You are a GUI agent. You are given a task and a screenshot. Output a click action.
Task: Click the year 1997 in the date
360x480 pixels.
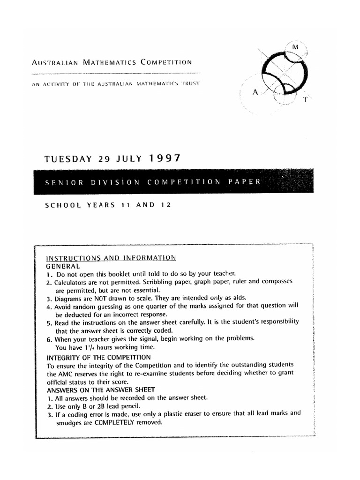pyautogui.click(x=165, y=158)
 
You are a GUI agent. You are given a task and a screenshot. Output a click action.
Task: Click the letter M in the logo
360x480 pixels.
pyautogui.click(x=295, y=47)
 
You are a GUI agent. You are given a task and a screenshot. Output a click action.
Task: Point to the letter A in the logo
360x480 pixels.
pyautogui.click(x=255, y=92)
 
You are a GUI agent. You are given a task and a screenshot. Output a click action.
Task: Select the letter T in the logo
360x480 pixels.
pyautogui.click(x=305, y=99)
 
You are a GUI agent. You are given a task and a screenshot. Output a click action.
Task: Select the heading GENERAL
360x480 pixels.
pyautogui.click(x=63, y=266)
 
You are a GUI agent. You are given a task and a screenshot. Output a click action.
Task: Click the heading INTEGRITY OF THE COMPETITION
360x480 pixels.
pyautogui.click(x=99, y=358)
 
